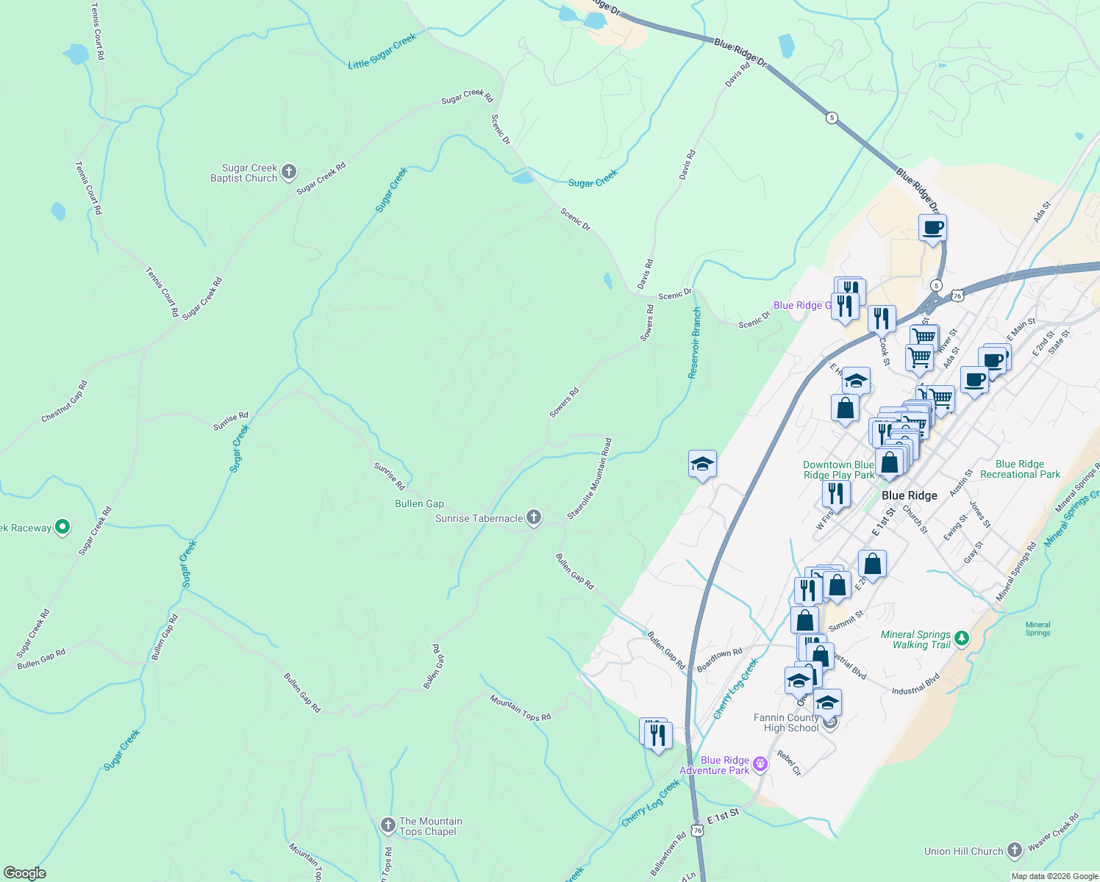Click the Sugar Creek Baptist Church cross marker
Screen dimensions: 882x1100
(289, 173)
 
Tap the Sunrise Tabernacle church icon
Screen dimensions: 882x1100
(535, 518)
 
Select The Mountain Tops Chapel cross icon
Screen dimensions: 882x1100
(388, 826)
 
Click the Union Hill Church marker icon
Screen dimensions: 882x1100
(1015, 851)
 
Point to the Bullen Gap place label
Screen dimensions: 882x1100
(419, 503)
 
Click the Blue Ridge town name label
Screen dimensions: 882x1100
(910, 495)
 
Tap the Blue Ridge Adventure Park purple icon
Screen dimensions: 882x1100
(760, 765)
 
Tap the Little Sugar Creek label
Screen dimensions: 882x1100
(382, 51)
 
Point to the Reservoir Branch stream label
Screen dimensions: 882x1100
(695, 343)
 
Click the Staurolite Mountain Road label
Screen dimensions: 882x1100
(590, 479)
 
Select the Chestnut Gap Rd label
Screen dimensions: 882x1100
(65, 401)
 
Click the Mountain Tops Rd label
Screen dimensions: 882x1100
(520, 707)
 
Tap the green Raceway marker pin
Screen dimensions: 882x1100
(63, 527)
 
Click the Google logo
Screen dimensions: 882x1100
(25, 873)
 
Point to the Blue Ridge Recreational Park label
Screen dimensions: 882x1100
(1020, 469)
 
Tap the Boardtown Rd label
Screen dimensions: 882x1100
(720, 659)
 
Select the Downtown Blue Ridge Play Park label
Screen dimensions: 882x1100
(838, 470)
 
